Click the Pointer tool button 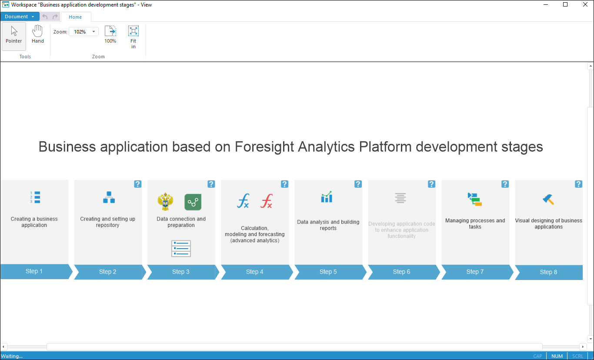[14, 36]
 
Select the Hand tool [38, 34]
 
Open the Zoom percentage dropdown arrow [93, 32]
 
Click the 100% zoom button [110, 34]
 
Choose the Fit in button [133, 37]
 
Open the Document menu [20, 17]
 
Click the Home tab [75, 17]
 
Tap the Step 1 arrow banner [36, 271]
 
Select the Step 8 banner [549, 272]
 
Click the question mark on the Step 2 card [137, 184]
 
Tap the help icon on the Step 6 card [431, 184]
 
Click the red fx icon [267, 201]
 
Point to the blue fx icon [243, 201]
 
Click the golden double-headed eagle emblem [165, 201]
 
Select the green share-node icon [193, 202]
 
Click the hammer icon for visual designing [548, 200]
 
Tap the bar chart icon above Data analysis [327, 197]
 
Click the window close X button [585, 4]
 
